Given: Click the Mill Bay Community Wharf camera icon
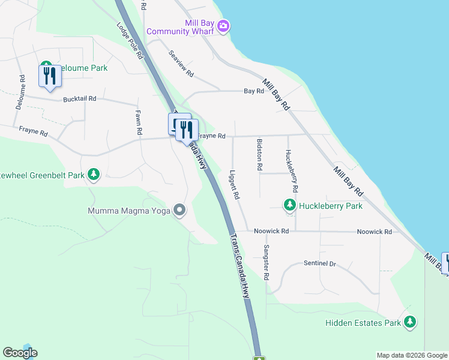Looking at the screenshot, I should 223,26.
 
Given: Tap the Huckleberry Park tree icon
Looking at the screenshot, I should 290,206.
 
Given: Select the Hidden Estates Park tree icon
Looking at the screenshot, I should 410,322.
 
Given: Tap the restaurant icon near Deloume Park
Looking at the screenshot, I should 49,76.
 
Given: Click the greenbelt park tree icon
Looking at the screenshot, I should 93,175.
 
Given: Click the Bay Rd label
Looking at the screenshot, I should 253,91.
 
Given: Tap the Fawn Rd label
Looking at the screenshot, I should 139,122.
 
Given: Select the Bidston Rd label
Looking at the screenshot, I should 259,156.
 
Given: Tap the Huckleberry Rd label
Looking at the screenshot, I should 292,167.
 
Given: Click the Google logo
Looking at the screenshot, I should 20,353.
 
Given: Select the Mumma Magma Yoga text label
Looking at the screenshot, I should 128,211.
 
